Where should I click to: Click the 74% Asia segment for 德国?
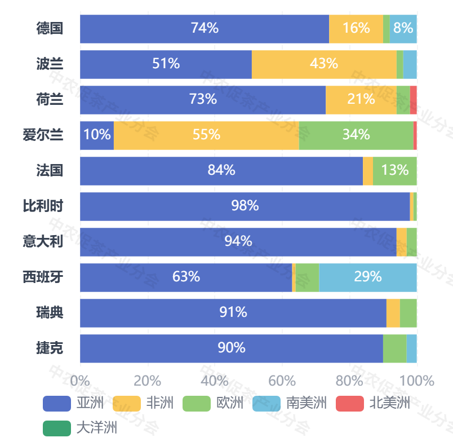205,28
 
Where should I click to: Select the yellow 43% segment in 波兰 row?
324,64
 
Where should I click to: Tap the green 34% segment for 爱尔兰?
356,135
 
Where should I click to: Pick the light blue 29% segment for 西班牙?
368,277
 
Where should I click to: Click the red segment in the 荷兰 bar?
414,99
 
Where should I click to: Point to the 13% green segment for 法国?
394,170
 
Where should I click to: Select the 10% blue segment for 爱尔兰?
97,135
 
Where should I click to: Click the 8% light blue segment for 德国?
403,28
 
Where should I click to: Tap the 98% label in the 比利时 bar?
245,206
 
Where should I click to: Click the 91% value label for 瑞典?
233,312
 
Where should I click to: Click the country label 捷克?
50,348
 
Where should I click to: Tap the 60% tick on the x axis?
282,380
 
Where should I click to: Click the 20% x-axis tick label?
148,380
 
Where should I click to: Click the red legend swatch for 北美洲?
350,403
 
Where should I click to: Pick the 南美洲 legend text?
307,403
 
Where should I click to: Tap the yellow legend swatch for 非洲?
127,403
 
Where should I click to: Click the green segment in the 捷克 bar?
394,348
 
